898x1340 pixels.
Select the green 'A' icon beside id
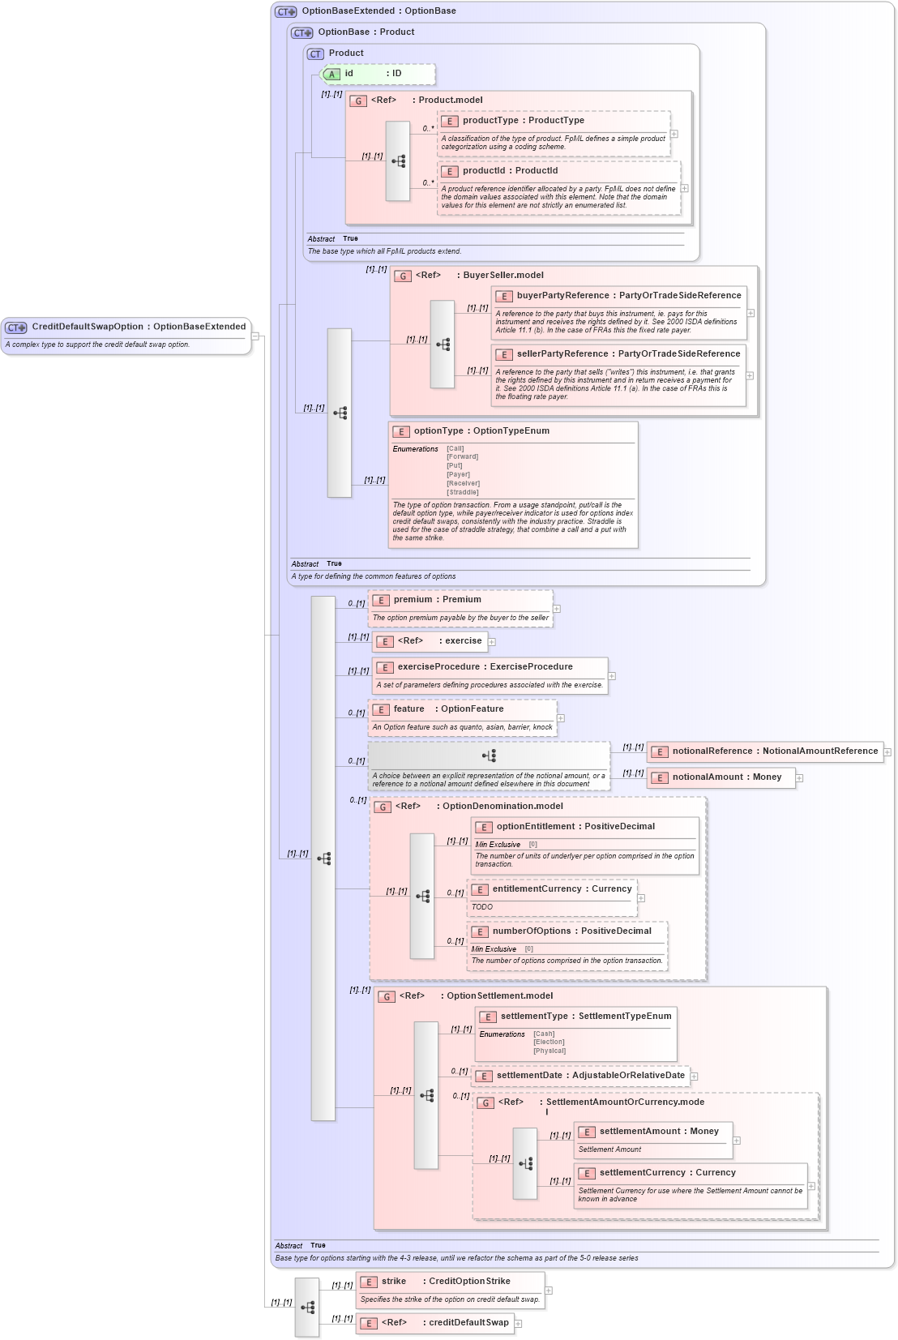pyautogui.click(x=331, y=74)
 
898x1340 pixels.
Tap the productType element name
pyautogui.click(x=490, y=120)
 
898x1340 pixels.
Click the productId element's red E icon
pyautogui.click(x=451, y=171)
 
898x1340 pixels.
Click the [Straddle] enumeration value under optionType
pyautogui.click(x=463, y=492)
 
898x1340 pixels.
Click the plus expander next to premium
pyautogui.click(x=557, y=608)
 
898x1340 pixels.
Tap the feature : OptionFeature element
pyautogui.click(x=448, y=709)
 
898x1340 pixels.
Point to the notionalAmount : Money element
pyautogui.click(x=727, y=777)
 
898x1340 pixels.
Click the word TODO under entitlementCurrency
pyautogui.click(x=482, y=907)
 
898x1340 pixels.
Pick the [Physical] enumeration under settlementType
pyautogui.click(x=549, y=1051)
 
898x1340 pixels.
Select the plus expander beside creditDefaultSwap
pyautogui.click(x=519, y=1324)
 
